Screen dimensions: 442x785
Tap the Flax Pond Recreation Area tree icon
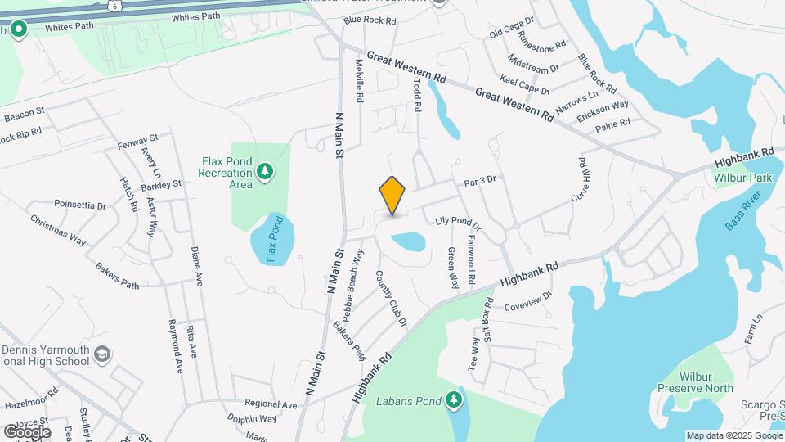pyautogui.click(x=264, y=171)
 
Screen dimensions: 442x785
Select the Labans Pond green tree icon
pyautogui.click(x=454, y=400)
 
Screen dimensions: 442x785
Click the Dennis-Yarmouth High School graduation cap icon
pyautogui.click(x=102, y=354)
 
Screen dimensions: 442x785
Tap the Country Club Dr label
pyautogui.click(x=391, y=300)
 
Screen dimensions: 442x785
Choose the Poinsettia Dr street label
pyautogui.click(x=80, y=205)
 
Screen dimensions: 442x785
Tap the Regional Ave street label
pyautogui.click(x=271, y=404)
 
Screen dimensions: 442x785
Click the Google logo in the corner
pyautogui.click(x=26, y=431)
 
